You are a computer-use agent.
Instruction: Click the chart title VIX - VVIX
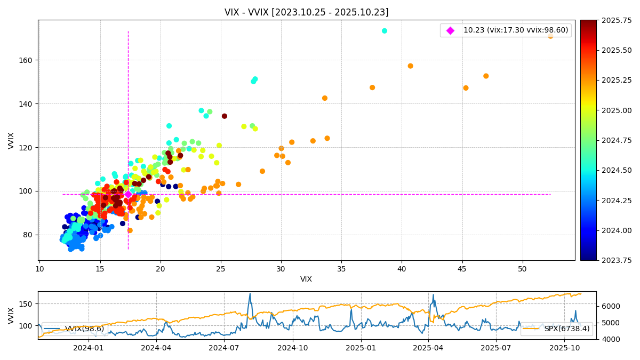306,12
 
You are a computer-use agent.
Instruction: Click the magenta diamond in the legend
450,30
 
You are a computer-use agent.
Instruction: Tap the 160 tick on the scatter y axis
27,60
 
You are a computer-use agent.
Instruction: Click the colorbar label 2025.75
602,20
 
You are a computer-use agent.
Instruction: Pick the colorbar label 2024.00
602,230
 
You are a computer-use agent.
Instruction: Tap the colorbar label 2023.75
602,260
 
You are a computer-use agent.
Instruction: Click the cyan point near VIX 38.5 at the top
385,31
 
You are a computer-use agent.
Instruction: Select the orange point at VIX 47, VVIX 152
486,76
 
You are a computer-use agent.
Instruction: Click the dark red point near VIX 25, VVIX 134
225,116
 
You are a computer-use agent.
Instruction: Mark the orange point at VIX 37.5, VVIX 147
372,87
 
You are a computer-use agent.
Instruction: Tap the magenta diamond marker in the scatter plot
128,195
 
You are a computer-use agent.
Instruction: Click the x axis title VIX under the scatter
306,279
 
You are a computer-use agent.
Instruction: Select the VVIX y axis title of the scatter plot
11,140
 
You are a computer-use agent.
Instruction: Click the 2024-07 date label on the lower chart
224,348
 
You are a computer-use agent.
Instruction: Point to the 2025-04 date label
428,348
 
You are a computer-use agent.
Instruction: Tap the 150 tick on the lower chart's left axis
27,304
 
